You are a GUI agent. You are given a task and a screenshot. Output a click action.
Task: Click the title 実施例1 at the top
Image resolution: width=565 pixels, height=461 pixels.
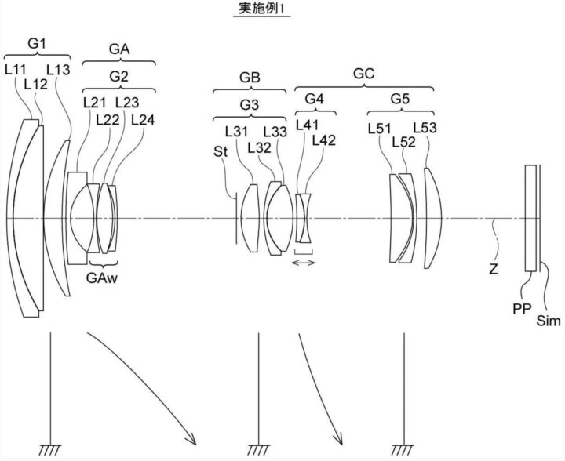(x=261, y=8)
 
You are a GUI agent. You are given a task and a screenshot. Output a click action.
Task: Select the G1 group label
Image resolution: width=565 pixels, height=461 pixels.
(x=37, y=44)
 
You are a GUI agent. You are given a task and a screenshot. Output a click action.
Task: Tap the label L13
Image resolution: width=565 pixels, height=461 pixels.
(x=58, y=70)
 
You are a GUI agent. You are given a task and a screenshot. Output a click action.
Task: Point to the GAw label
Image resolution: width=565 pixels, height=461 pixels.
(x=102, y=278)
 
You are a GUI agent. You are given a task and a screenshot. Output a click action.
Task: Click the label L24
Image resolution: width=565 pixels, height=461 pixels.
(x=143, y=120)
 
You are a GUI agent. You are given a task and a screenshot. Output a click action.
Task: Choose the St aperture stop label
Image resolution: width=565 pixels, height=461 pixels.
(x=221, y=151)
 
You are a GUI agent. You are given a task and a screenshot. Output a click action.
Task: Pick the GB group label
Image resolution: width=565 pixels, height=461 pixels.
(x=250, y=78)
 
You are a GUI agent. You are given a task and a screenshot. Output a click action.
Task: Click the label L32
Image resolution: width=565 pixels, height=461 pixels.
(x=259, y=147)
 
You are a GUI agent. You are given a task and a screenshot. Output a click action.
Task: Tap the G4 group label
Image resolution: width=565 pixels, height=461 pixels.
(x=314, y=98)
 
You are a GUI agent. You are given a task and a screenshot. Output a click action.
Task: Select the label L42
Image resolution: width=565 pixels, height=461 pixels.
(x=323, y=140)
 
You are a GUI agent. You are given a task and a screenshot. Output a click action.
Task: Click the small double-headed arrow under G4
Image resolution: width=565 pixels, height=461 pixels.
(x=304, y=263)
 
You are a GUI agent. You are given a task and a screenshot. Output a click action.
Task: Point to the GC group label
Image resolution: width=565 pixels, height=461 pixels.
(x=364, y=74)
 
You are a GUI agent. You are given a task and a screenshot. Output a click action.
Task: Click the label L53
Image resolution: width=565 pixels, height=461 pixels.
(x=425, y=128)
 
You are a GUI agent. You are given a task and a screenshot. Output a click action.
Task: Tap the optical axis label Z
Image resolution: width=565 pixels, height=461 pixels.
(x=494, y=268)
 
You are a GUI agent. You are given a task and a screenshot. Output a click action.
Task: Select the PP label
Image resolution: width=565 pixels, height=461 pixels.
(x=522, y=308)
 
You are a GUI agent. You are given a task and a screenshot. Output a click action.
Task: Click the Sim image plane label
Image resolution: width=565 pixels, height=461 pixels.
(x=549, y=321)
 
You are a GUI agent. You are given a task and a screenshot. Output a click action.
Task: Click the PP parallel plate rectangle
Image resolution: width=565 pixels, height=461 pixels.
(x=530, y=218)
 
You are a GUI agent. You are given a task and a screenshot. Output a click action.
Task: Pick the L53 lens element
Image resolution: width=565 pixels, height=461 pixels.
(x=433, y=218)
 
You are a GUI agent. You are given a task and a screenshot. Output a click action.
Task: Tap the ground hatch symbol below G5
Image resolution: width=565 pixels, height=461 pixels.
(x=403, y=449)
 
